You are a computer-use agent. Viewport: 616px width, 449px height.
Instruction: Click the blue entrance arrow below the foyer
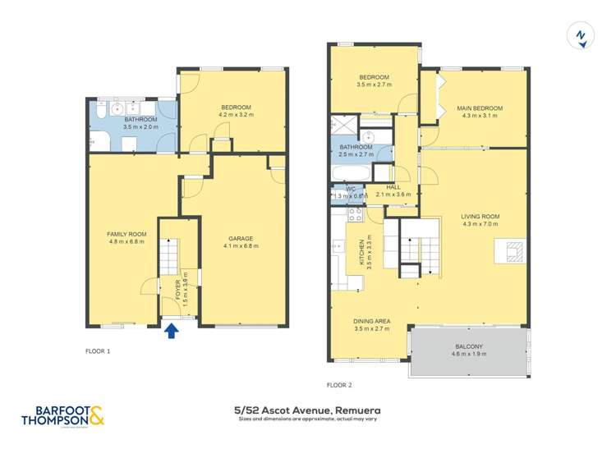(x=172, y=330)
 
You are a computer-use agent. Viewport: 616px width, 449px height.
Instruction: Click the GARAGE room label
(x=242, y=238)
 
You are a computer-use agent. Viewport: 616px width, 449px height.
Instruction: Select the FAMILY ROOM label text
(x=126, y=234)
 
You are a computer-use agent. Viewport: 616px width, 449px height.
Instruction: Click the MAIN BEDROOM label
(x=480, y=108)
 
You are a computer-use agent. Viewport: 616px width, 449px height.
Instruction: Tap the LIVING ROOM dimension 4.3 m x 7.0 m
(x=480, y=225)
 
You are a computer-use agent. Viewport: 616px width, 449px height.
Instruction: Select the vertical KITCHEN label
(x=360, y=254)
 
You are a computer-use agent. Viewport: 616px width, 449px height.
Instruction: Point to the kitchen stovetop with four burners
(x=356, y=214)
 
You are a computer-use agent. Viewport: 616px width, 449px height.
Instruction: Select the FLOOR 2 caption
(x=338, y=384)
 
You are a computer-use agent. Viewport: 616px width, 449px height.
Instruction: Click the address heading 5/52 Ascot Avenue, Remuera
(x=307, y=409)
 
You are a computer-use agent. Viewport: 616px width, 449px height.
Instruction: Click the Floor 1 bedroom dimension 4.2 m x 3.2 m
(x=235, y=116)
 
